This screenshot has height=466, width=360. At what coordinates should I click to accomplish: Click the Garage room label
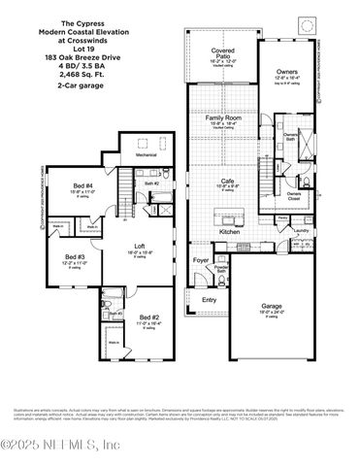click(x=272, y=306)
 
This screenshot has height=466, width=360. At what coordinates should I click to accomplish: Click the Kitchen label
click(x=229, y=232)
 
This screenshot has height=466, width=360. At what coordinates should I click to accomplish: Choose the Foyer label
click(x=201, y=260)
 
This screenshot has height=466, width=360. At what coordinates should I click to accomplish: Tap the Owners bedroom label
click(x=314, y=72)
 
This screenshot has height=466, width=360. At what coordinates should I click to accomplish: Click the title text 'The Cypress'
click(x=56, y=21)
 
